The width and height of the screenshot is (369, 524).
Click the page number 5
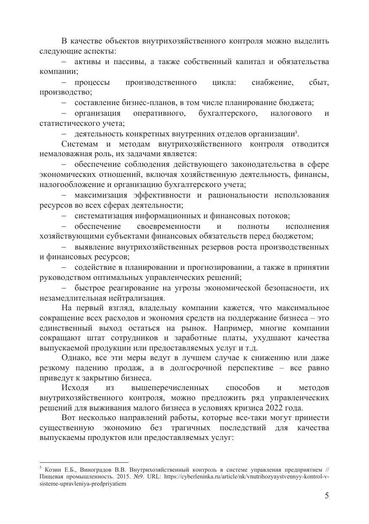pos(327,496)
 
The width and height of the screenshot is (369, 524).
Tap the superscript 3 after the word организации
pos(297,133)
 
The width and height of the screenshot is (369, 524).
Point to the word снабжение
pos(272,82)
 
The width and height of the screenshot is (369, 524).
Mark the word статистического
pos(67,123)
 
